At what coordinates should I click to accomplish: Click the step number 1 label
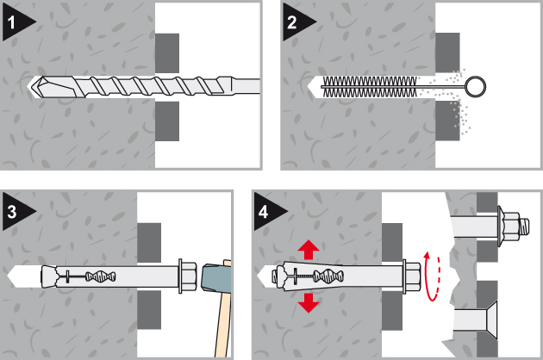coord(11,22)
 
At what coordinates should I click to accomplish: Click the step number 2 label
coord(292,22)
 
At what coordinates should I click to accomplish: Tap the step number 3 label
coord(12,212)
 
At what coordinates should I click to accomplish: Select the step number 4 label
coord(263,212)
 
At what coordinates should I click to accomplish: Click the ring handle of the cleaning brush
coord(475,86)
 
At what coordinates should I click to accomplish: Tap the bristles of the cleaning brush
coord(369,86)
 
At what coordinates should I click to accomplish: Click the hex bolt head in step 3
coord(187,276)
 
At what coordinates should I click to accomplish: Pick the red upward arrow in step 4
coord(309,251)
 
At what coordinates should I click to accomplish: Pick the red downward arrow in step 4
coord(309,302)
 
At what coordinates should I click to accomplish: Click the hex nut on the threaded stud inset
coord(512,227)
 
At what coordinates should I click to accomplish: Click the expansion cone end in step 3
coord(48,276)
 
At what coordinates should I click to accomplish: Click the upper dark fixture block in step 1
coord(167,53)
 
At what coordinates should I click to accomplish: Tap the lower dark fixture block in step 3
coord(149,309)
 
